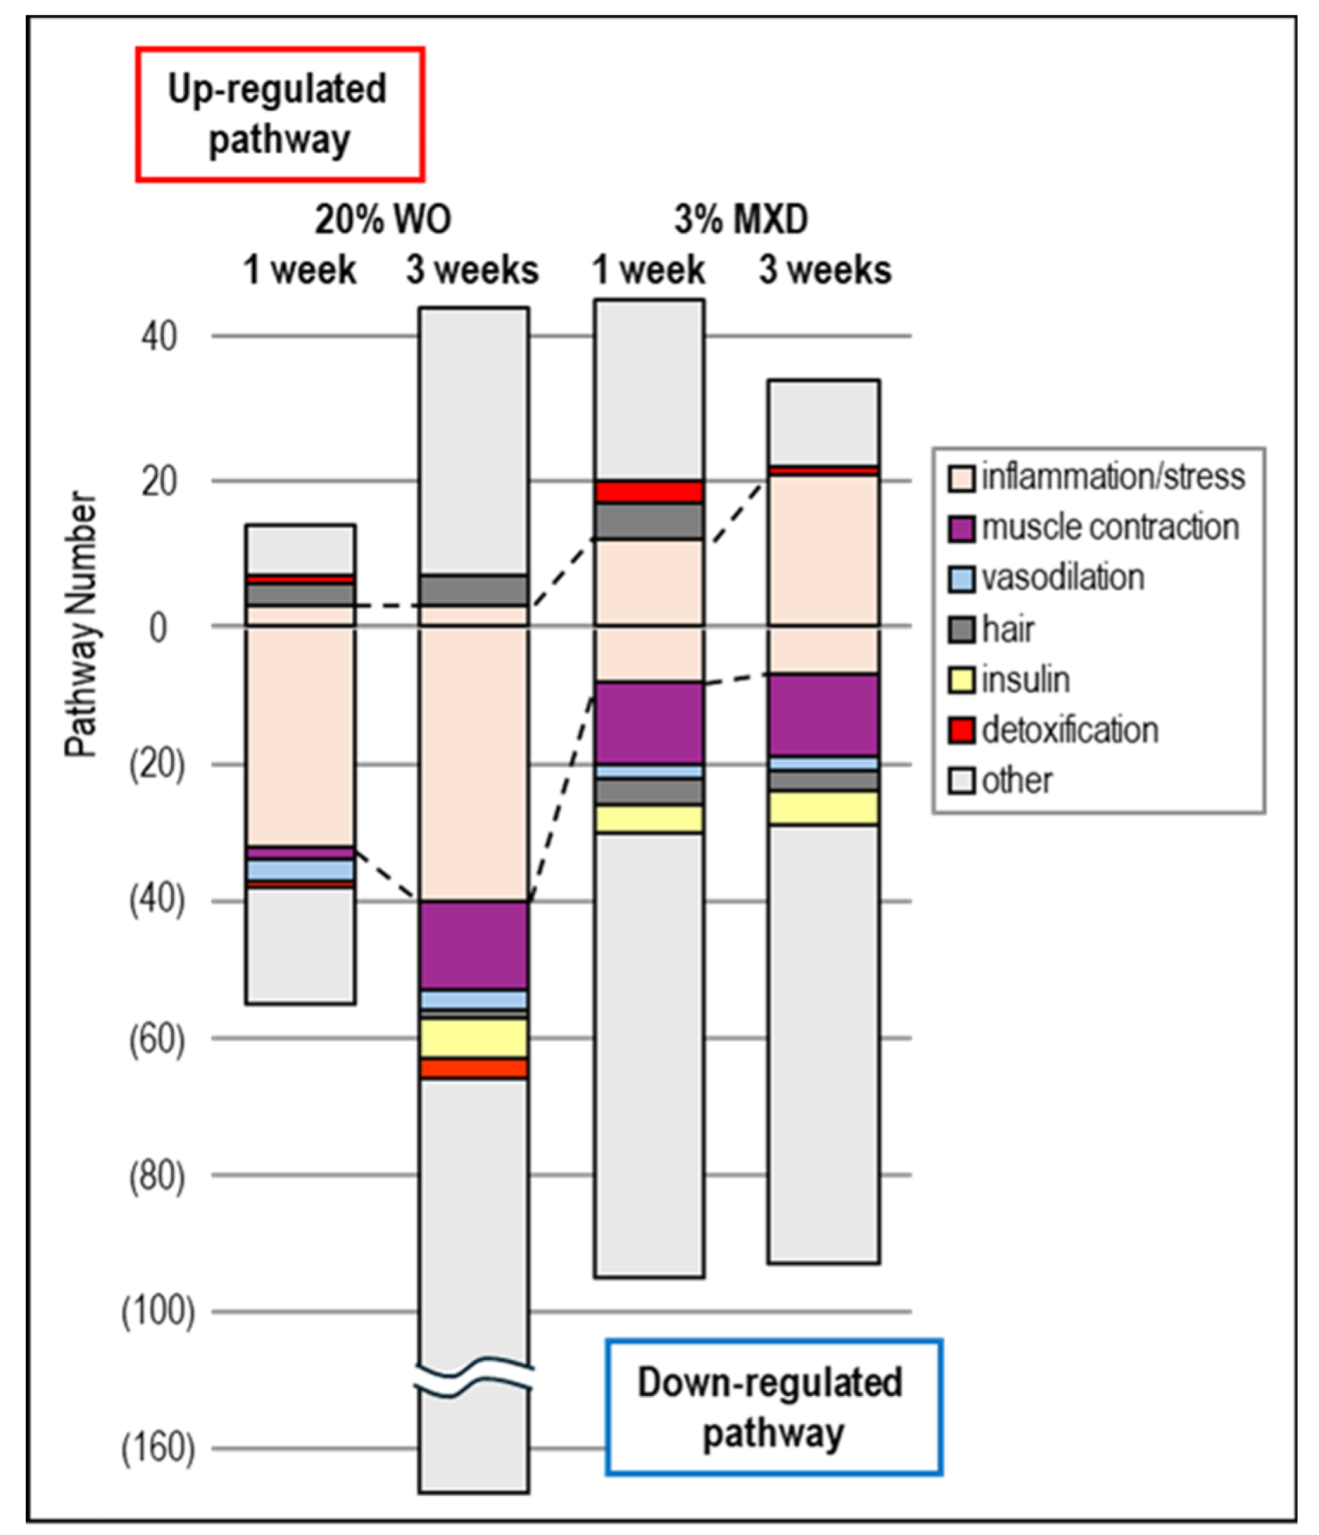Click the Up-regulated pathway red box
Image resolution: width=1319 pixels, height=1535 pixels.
pyautogui.click(x=279, y=114)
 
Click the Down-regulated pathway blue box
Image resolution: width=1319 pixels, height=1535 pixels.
pyautogui.click(x=772, y=1407)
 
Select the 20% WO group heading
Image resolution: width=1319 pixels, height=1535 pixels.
pyautogui.click(x=383, y=219)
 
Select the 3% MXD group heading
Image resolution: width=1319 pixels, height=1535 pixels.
pyautogui.click(x=741, y=219)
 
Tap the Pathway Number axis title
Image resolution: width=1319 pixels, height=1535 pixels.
pyautogui.click(x=80, y=624)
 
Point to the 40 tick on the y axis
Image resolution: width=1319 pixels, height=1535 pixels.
pyautogui.click(x=158, y=336)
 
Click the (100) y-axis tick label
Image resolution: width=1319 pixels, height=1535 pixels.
pyautogui.click(x=158, y=1311)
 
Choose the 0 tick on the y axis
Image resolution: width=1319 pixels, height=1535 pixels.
pyautogui.click(x=158, y=627)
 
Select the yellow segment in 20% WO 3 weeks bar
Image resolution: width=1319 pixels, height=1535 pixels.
pyautogui.click(x=474, y=1038)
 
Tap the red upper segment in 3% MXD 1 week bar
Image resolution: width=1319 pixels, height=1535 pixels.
pyautogui.click(x=649, y=491)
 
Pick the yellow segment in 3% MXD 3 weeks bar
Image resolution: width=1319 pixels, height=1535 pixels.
pyautogui.click(x=824, y=808)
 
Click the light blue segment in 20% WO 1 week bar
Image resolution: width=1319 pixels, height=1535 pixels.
pyautogui.click(x=301, y=870)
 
